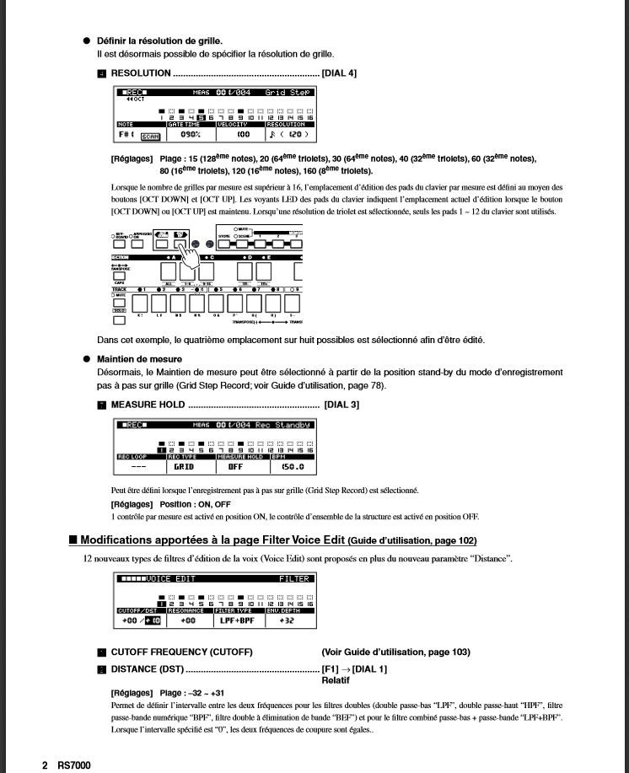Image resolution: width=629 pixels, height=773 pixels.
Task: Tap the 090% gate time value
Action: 189,135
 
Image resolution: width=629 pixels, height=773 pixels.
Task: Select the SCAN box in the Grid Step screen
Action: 150,136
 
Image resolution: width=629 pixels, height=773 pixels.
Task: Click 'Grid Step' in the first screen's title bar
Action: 288,92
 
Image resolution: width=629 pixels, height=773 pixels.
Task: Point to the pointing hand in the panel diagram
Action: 193,258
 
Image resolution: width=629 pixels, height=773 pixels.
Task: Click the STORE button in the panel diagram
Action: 225,244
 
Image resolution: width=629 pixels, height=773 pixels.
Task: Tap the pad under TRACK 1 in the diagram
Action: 138,303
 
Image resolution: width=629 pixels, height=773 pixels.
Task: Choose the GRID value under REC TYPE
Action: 184,465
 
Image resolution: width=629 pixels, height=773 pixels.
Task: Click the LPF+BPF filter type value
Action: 237,621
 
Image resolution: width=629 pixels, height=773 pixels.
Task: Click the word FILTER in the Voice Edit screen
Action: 295,580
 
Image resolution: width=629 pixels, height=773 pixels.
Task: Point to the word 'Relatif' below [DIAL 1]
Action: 336,679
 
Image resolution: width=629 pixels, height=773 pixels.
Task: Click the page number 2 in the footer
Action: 45,765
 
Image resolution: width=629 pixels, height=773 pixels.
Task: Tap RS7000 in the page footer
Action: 74,765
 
